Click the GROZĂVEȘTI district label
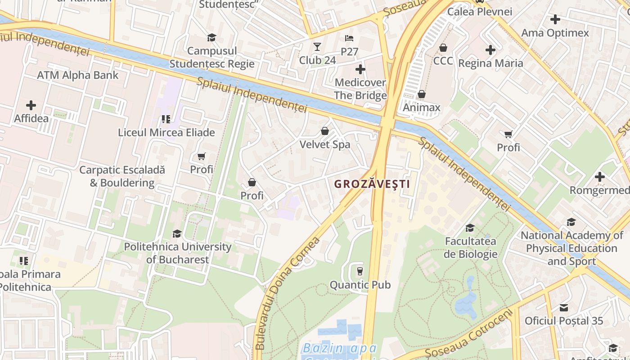(x=372, y=184)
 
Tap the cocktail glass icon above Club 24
(x=317, y=47)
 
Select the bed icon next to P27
(x=349, y=38)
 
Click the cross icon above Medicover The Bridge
(x=360, y=69)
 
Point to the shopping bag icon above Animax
(x=422, y=94)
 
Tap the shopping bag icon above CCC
(x=443, y=47)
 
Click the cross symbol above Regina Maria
(x=490, y=50)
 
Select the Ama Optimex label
(x=555, y=33)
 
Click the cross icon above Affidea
(x=31, y=105)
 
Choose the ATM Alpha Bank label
(x=77, y=75)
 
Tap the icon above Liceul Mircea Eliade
(x=166, y=119)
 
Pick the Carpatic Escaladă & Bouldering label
(x=122, y=176)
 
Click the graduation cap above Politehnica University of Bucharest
(x=177, y=234)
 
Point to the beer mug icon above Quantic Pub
(x=360, y=271)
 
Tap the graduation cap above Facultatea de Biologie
(x=470, y=228)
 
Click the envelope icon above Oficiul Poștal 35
(x=563, y=308)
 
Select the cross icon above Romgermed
(x=599, y=177)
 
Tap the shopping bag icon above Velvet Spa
(x=324, y=131)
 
